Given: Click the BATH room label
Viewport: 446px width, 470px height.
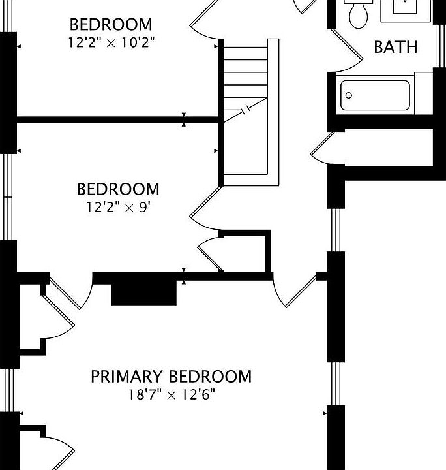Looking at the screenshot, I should click(395, 47).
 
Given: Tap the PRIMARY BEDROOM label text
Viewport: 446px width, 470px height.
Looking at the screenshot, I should click(171, 377).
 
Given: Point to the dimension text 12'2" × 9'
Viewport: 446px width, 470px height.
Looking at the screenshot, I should click(118, 207).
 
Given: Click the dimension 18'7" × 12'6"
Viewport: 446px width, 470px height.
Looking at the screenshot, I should click(171, 394).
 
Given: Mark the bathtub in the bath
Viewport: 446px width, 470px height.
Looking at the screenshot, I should click(375, 95).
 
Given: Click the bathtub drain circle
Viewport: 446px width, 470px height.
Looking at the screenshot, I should click(349, 95).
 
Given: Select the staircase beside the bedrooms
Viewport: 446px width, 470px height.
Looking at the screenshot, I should click(246, 108).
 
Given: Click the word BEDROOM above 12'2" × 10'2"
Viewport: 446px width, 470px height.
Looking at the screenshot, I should click(111, 25).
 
